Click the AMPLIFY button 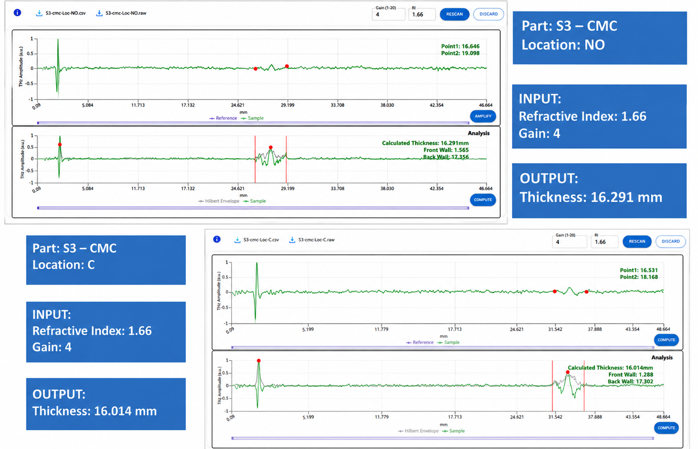pyautogui.click(x=483, y=116)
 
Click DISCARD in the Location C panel pyautogui.click(x=671, y=241)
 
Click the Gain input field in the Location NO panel pyautogui.click(x=388, y=14)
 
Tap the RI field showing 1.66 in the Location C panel pyautogui.click(x=605, y=242)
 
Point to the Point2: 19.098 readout pyautogui.click(x=460, y=53)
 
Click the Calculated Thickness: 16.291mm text pyautogui.click(x=425, y=143)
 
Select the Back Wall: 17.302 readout pyautogui.click(x=630, y=382)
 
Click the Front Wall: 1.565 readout pyautogui.click(x=446, y=150)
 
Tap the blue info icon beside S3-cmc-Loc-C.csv pyautogui.click(x=217, y=239)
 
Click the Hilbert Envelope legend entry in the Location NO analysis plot pyautogui.click(x=219, y=201)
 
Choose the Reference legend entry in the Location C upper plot pyautogui.click(x=420, y=342)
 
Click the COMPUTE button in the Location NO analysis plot pyautogui.click(x=483, y=200)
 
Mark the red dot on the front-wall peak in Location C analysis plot pyautogui.click(x=259, y=361)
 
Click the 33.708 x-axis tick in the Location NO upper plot pyautogui.click(x=337, y=105)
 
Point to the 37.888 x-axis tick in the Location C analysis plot pyautogui.click(x=594, y=416)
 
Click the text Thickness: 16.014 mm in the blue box pyautogui.click(x=95, y=411)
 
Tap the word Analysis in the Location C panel pyautogui.click(x=662, y=358)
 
